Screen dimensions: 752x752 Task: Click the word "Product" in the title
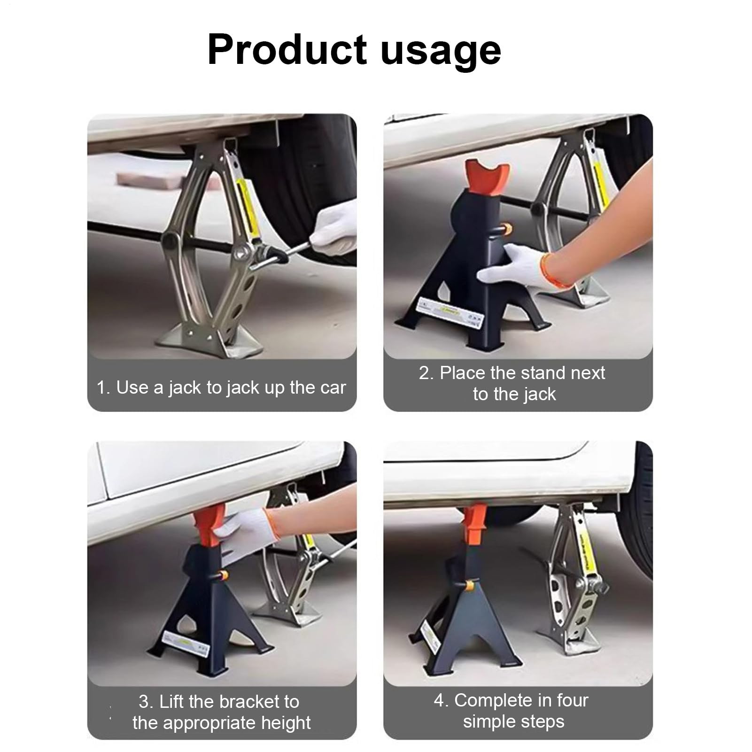click(287, 49)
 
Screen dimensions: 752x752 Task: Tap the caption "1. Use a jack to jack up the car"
click(221, 388)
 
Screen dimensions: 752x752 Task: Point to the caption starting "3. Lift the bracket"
click(221, 712)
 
